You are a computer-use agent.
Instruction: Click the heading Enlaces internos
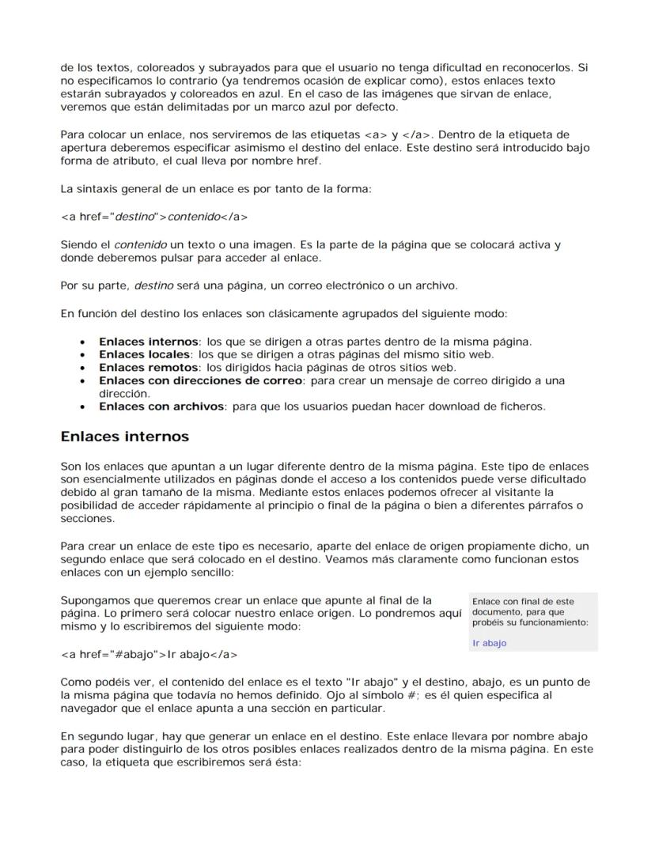pyautogui.click(x=125, y=437)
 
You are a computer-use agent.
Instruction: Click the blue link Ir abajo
pyautogui.click(x=489, y=644)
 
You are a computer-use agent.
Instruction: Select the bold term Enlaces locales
pyautogui.click(x=144, y=354)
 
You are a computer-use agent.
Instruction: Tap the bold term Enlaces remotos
pyautogui.click(x=148, y=367)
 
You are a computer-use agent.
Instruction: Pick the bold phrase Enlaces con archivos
pyautogui.click(x=161, y=406)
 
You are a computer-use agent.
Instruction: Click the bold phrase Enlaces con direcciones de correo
pyautogui.click(x=201, y=380)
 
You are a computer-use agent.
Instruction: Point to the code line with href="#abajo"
pyautogui.click(x=149, y=655)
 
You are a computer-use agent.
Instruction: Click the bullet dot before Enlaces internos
pyautogui.click(x=83, y=342)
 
